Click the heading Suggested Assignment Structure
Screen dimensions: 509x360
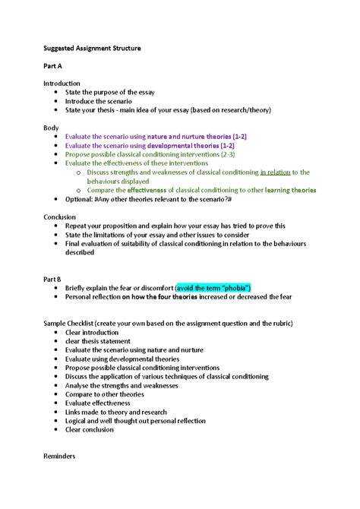coord(92,48)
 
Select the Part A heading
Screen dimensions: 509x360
coord(53,65)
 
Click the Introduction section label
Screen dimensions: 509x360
coord(62,83)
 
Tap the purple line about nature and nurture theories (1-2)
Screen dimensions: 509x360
coord(156,136)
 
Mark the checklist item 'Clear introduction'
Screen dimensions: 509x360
coord(92,332)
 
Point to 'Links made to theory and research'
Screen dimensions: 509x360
coord(119,413)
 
